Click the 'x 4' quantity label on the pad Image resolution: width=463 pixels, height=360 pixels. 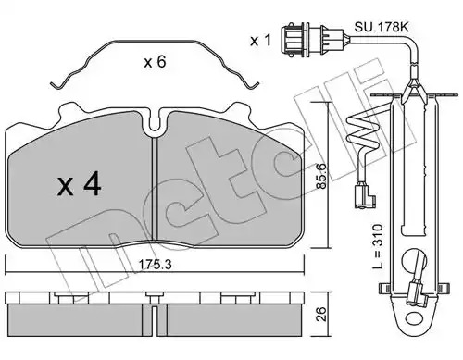pos(80,184)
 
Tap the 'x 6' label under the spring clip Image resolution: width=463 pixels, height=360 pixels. pos(155,62)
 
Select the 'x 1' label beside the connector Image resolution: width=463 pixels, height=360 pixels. pos(260,41)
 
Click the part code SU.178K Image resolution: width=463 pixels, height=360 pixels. pos(382,27)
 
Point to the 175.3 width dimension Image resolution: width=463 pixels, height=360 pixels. pos(155,264)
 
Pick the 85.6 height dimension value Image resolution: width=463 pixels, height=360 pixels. pos(321,177)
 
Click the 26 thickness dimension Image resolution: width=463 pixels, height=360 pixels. pos(322,314)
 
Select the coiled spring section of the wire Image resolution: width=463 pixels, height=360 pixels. pos(361,130)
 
